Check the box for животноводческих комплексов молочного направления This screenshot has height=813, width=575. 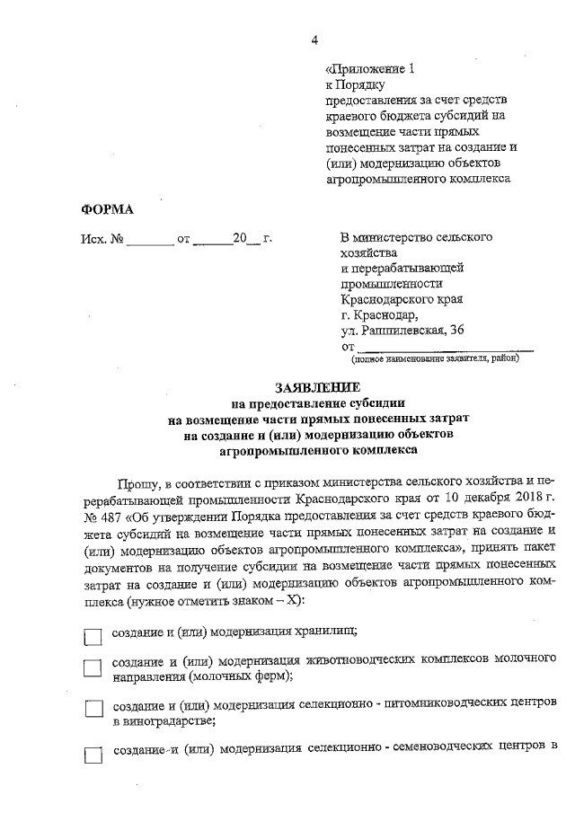click(93, 667)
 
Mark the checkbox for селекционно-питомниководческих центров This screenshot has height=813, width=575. click(93, 709)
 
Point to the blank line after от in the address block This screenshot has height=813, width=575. click(445, 346)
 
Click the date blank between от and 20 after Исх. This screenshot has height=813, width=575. click(212, 240)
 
